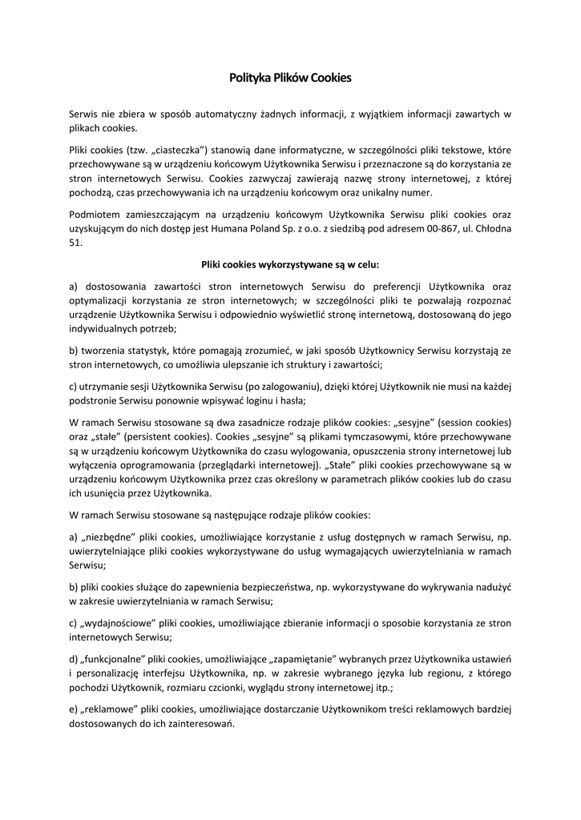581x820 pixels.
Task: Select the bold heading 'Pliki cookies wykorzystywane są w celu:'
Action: [x=290, y=263]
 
